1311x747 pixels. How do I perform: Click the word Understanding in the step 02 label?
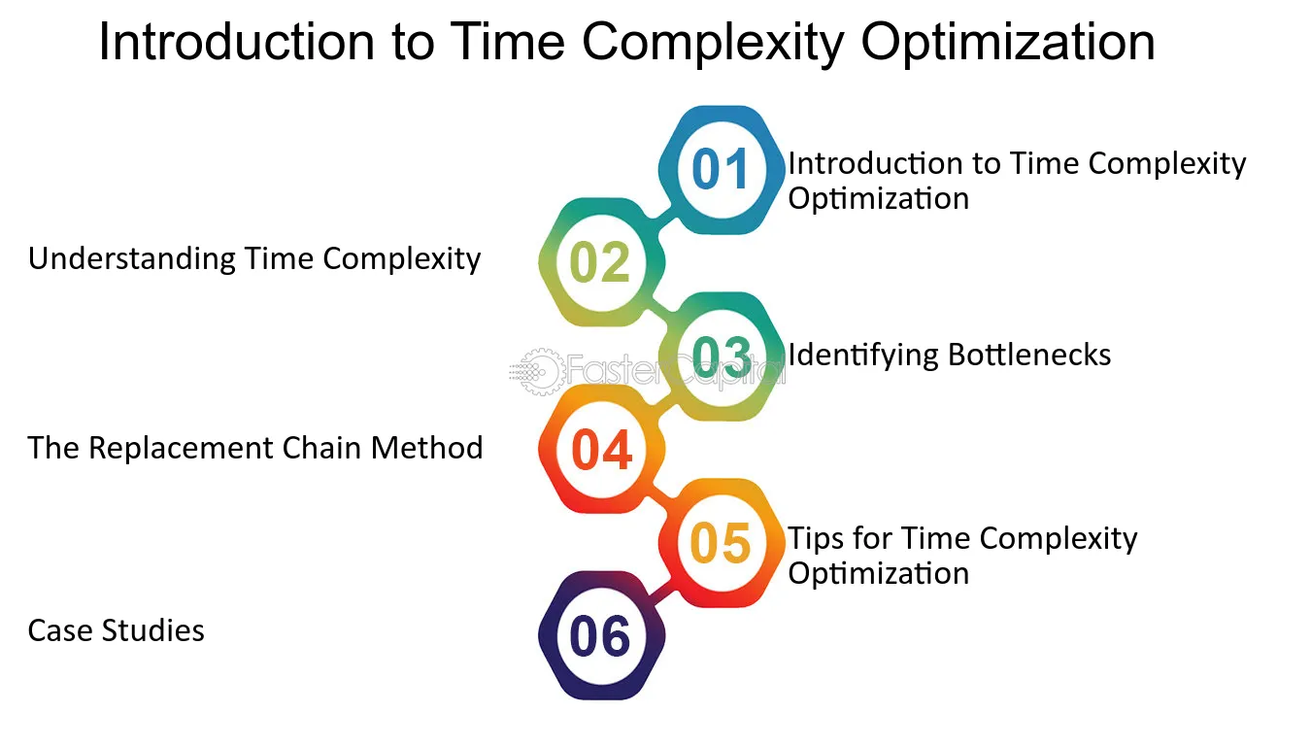tap(132, 259)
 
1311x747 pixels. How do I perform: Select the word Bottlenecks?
tap(1029, 355)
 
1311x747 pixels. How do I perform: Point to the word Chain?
tap(322, 448)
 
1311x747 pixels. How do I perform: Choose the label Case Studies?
tap(116, 630)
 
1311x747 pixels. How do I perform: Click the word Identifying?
tap(864, 356)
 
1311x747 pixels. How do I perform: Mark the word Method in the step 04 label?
tap(427, 448)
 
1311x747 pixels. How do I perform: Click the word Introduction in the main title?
tap(237, 42)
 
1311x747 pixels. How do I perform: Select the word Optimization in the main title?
tap(1008, 43)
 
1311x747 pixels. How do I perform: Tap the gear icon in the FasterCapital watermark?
tap(541, 371)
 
